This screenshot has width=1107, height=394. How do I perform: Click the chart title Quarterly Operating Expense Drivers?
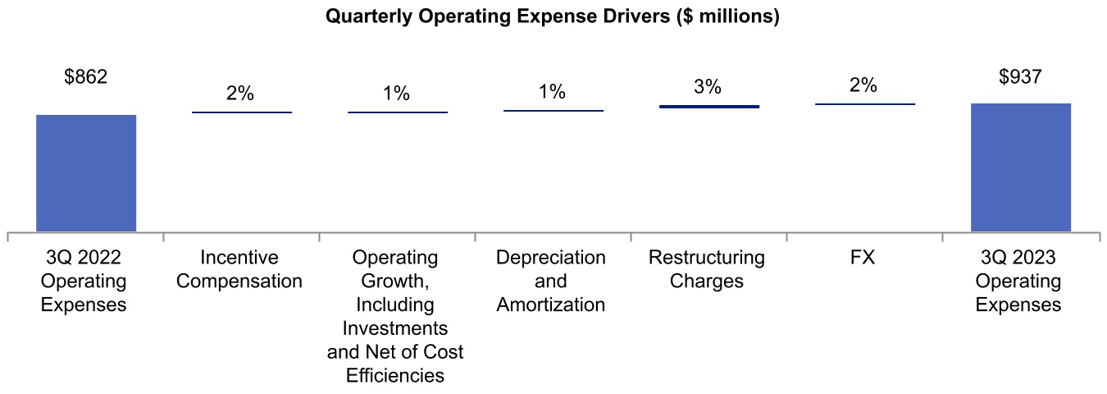pyautogui.click(x=552, y=17)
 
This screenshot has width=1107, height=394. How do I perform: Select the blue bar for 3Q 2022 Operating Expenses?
pyautogui.click(x=86, y=173)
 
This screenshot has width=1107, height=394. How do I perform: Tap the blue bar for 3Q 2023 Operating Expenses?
pyautogui.click(x=1020, y=167)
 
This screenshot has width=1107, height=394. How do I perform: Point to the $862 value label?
pyautogui.click(x=86, y=78)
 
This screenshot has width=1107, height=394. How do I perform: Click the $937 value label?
pyautogui.click(x=1020, y=78)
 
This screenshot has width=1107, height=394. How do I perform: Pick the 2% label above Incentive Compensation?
pyautogui.click(x=240, y=94)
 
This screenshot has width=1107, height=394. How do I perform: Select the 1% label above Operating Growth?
pyautogui.click(x=396, y=94)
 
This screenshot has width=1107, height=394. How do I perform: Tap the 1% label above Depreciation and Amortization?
pyautogui.click(x=553, y=92)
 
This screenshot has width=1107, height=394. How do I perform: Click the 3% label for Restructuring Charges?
pyautogui.click(x=708, y=87)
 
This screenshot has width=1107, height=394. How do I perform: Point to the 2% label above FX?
pyautogui.click(x=863, y=85)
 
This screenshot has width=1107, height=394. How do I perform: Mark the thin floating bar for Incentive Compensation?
pyautogui.click(x=242, y=112)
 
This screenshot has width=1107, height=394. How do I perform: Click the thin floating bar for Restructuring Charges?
pyautogui.click(x=709, y=106)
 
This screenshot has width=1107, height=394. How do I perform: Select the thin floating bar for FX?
pyautogui.click(x=865, y=104)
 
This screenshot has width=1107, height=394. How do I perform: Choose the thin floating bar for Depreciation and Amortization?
pyautogui.click(x=553, y=110)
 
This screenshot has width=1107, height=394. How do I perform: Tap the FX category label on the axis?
pyautogui.click(x=863, y=258)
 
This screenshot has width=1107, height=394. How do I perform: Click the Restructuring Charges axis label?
pyautogui.click(x=707, y=269)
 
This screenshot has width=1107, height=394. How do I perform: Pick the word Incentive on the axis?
pyautogui.click(x=240, y=258)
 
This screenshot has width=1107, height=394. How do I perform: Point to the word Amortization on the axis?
pyautogui.click(x=551, y=305)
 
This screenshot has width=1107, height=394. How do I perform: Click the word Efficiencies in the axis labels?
pyautogui.click(x=395, y=376)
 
